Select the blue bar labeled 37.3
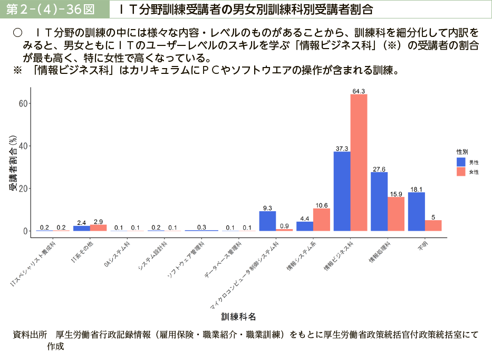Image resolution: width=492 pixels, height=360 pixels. [342, 191]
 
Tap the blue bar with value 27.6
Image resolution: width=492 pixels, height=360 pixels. [379, 202]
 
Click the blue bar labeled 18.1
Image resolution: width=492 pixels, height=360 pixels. [416, 212]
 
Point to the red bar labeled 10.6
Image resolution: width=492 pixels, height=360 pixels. [322, 220]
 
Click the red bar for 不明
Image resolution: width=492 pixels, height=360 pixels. [433, 225]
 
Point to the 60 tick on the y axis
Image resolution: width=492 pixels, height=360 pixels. [23, 103]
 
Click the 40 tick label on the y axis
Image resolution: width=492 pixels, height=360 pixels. [23, 146]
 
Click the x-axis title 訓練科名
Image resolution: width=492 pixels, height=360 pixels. [239, 317]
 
